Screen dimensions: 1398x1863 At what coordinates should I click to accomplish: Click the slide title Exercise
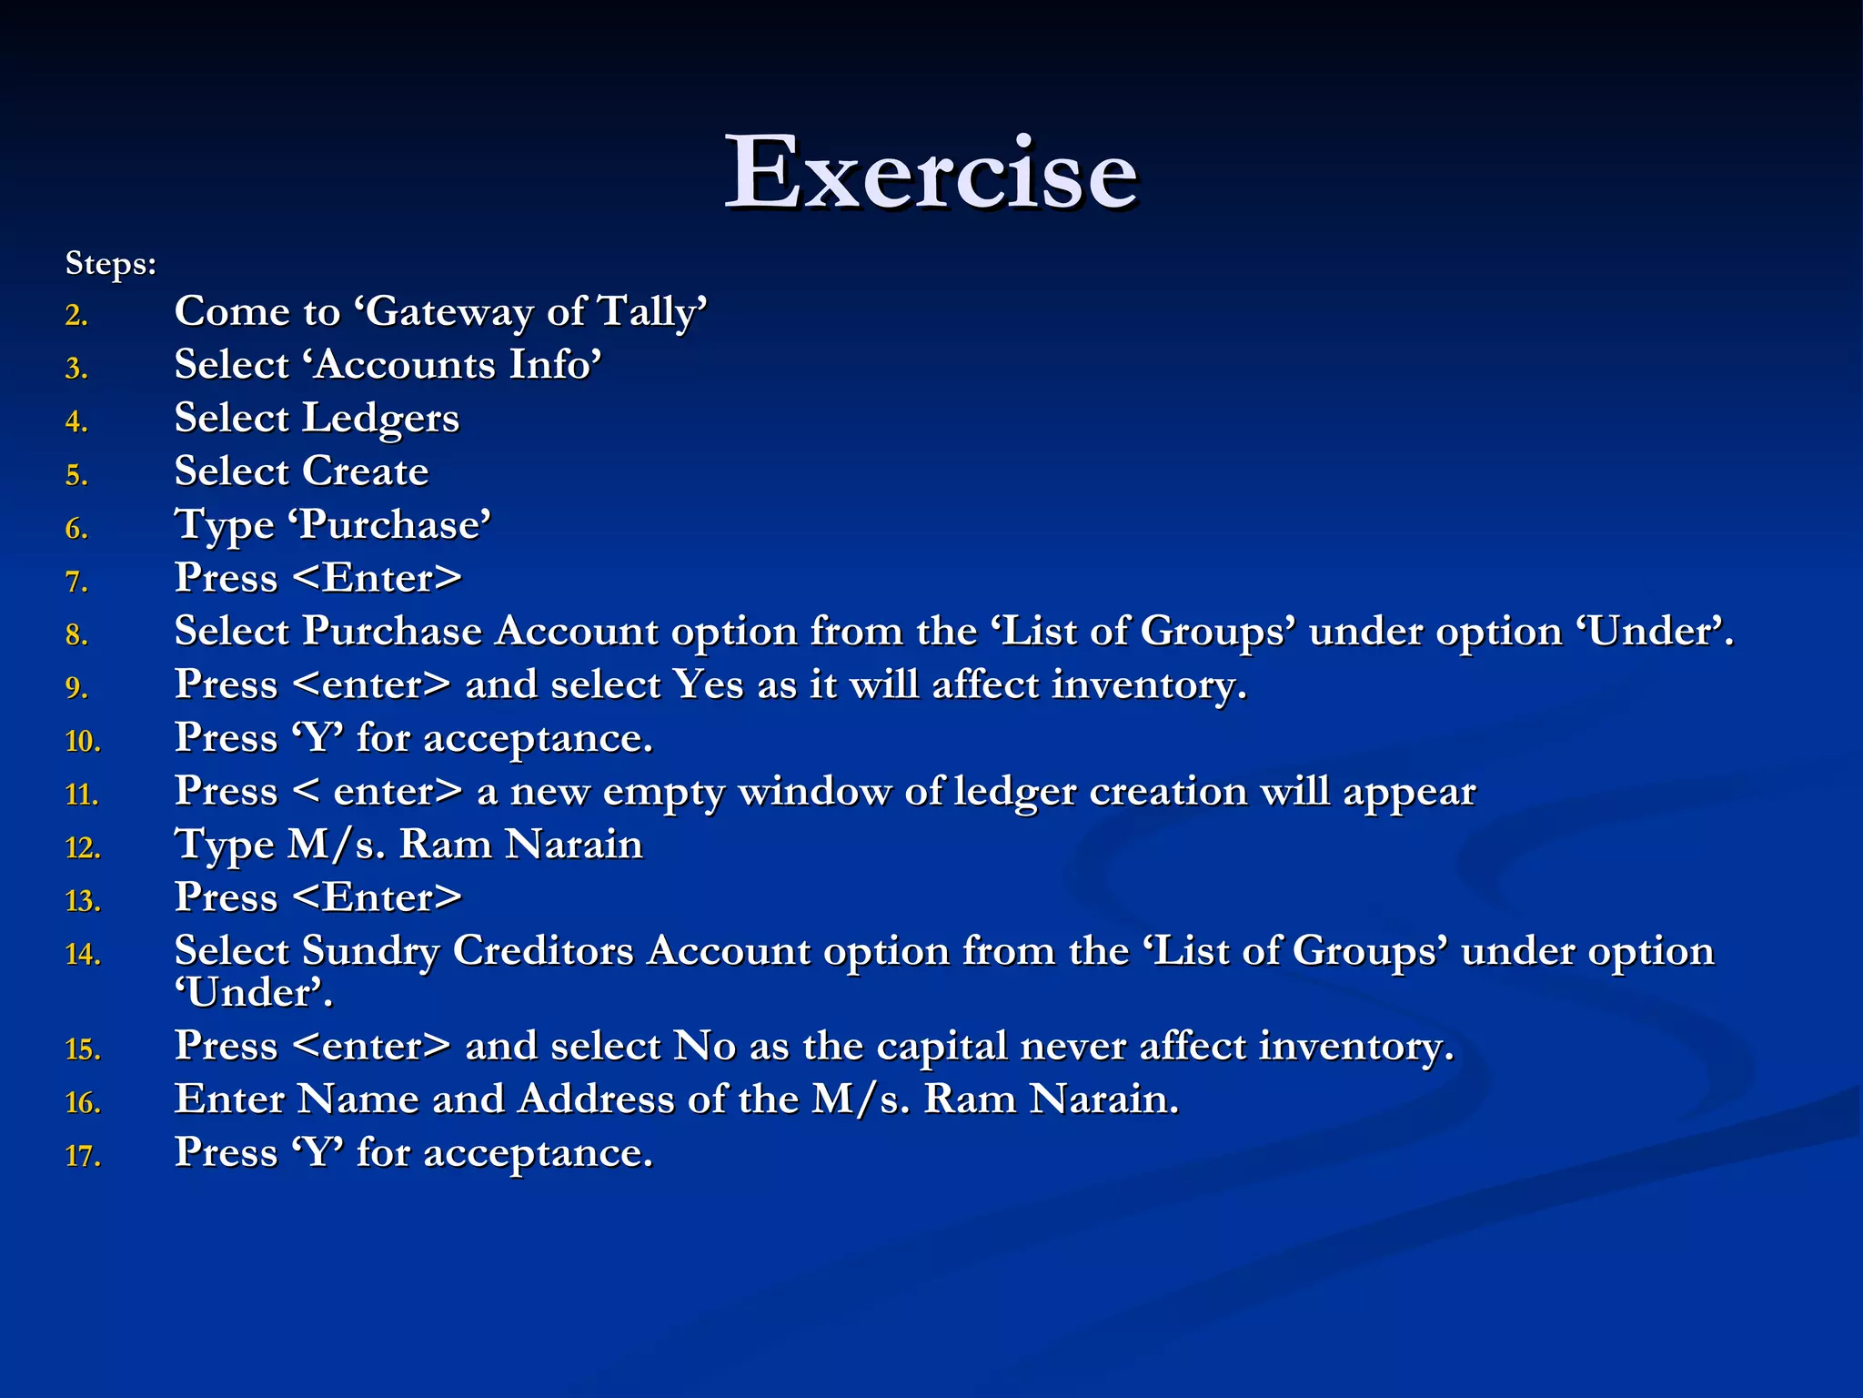click(x=931, y=173)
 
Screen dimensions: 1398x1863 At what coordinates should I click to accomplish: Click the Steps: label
click(x=111, y=264)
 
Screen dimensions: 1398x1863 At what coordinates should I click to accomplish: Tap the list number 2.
click(x=76, y=316)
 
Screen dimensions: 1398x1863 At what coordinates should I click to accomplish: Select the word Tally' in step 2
click(x=652, y=312)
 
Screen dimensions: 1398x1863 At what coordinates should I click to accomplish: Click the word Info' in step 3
click(x=555, y=365)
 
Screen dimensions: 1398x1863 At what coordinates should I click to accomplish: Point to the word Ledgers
click(x=380, y=420)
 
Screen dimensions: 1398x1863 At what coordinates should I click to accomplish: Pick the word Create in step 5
click(x=365, y=471)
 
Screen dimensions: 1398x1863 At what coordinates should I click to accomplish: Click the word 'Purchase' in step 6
click(x=395, y=525)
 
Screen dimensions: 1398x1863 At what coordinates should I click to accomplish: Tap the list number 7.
click(x=76, y=582)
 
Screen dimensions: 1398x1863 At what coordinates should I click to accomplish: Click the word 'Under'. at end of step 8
click(x=1655, y=632)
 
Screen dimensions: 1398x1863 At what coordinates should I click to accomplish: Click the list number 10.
click(x=83, y=742)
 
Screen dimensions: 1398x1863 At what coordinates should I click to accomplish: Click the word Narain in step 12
click(x=574, y=845)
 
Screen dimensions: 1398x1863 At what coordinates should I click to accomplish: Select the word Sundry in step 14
click(x=370, y=951)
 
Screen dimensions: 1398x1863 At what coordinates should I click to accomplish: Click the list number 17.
click(x=83, y=1157)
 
